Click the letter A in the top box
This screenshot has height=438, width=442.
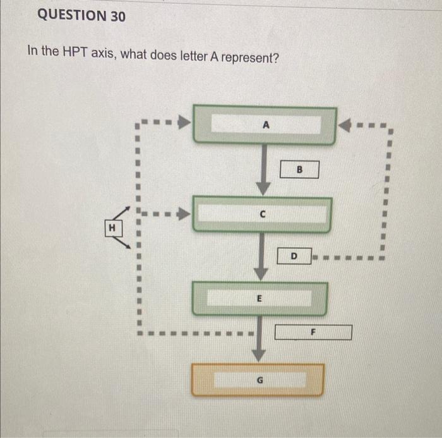266,125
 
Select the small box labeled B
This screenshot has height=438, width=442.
300,169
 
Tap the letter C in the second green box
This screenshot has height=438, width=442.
262,214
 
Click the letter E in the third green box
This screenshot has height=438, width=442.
260,298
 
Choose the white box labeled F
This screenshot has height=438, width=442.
314,332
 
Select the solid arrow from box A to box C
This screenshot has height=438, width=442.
263,167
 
